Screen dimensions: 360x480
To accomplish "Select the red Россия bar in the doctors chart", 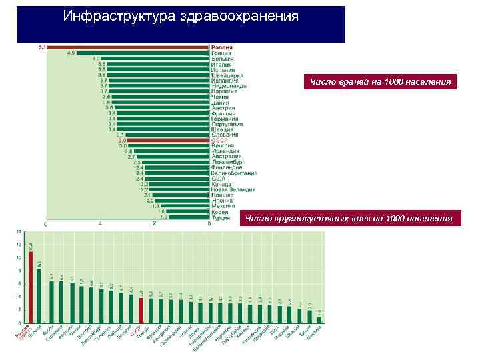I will coord(127,47).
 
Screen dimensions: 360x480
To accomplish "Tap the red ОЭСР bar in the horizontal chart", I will coord(168,140).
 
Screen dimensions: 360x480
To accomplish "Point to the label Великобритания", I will coord(234,173).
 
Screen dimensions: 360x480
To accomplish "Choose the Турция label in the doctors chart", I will coord(221,217).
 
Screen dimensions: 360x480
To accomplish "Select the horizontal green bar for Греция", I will coord(144,53).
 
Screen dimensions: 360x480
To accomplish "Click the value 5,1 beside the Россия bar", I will coord(41,47).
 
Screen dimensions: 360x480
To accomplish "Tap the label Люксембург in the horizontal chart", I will coord(228,162).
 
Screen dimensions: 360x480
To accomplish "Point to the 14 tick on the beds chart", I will coord(19,232).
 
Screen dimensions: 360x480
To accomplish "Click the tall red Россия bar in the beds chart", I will coord(31,287).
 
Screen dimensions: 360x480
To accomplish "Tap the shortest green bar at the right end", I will coord(320,319).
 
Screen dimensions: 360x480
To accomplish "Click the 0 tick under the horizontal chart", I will coord(45,224).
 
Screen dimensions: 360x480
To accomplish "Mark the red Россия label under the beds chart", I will coord(21,335).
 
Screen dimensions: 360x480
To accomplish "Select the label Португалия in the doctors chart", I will coord(227,124).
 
